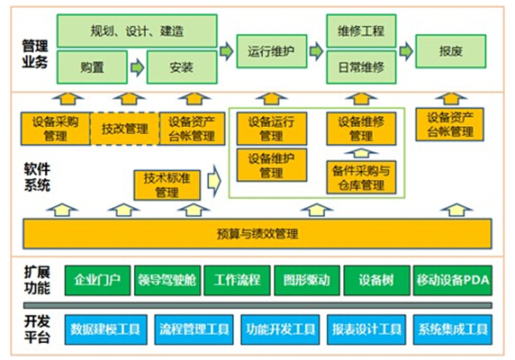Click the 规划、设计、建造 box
(137, 31)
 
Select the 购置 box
(92, 67)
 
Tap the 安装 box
(182, 67)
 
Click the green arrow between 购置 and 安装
(137, 67)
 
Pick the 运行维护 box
(272, 51)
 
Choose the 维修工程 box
(361, 31)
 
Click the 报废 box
(450, 51)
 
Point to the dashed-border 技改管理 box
(124, 129)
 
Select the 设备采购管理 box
(56, 129)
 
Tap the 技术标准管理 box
(167, 185)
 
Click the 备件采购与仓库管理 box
(361, 177)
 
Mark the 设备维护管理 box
(272, 165)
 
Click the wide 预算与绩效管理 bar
(257, 234)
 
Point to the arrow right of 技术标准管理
(214, 181)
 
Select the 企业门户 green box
(97, 280)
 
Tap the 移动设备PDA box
(453, 280)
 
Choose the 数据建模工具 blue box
(105, 329)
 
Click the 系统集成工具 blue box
(453, 329)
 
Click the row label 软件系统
(37, 177)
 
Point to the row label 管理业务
(35, 54)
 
